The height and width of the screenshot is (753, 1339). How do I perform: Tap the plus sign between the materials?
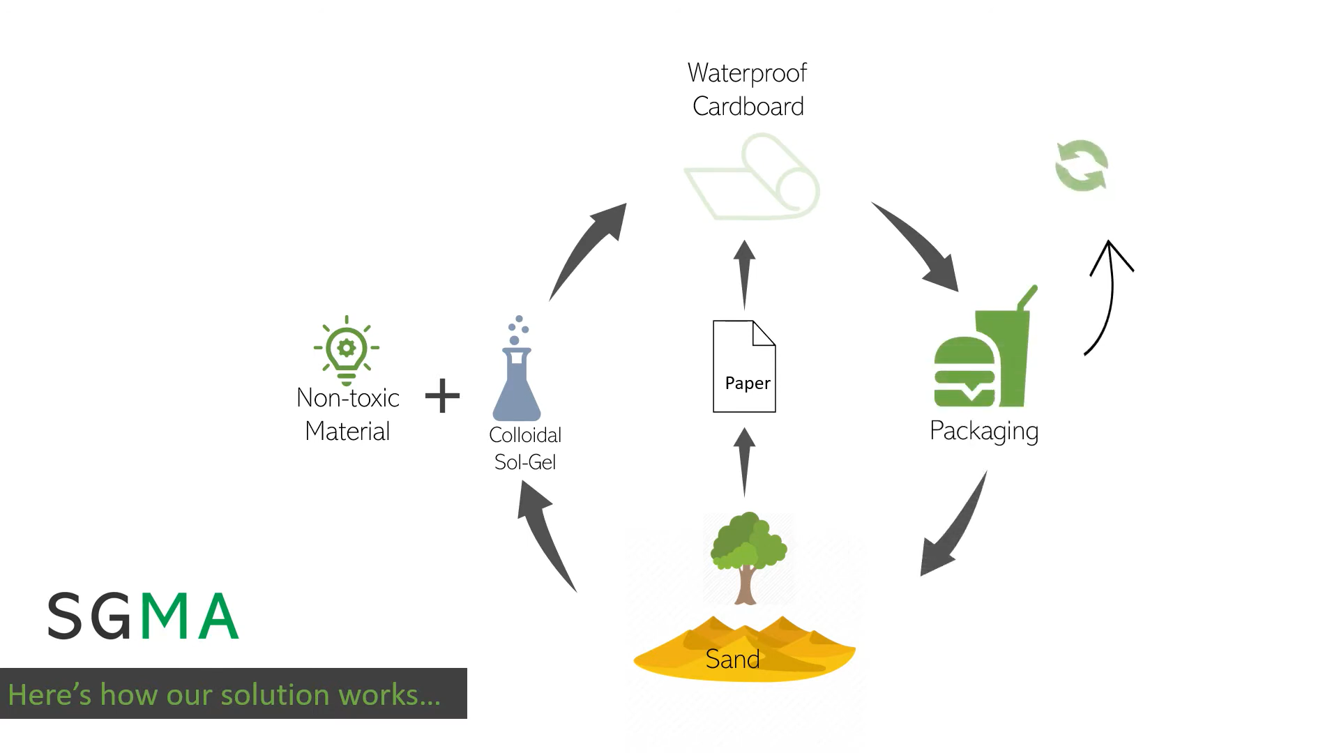[x=442, y=396]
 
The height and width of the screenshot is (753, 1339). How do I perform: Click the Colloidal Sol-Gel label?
[x=525, y=448]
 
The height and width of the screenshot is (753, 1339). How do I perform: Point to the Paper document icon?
[x=744, y=366]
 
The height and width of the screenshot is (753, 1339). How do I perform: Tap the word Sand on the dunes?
[x=732, y=659]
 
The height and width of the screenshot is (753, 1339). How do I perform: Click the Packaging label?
[x=984, y=431]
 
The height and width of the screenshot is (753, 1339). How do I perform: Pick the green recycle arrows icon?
[x=1081, y=166]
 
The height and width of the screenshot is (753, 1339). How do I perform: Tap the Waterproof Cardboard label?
[x=748, y=89]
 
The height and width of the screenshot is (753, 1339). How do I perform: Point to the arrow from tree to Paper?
[x=744, y=460]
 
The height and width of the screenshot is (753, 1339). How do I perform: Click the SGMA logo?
[x=144, y=616]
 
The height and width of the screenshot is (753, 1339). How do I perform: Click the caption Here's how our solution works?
[x=225, y=694]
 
